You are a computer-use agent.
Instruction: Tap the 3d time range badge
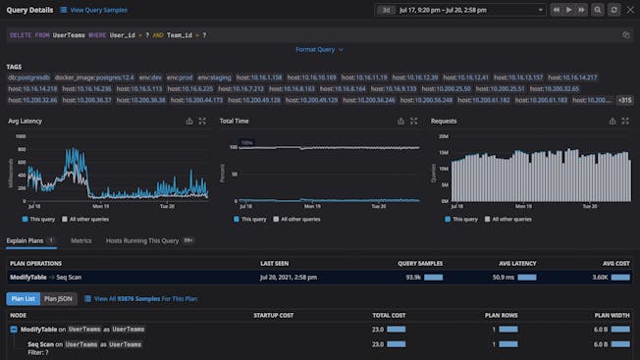386,10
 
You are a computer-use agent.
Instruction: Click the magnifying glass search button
597,10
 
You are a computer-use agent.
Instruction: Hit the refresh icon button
613,10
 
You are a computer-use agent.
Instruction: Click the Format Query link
318,49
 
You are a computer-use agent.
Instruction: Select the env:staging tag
216,77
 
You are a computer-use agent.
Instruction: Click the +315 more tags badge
624,100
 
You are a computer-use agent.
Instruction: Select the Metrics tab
81,240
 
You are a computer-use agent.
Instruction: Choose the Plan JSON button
58,298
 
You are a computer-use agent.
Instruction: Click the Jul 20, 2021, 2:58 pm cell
292,279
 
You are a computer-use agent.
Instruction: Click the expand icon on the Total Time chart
415,122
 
